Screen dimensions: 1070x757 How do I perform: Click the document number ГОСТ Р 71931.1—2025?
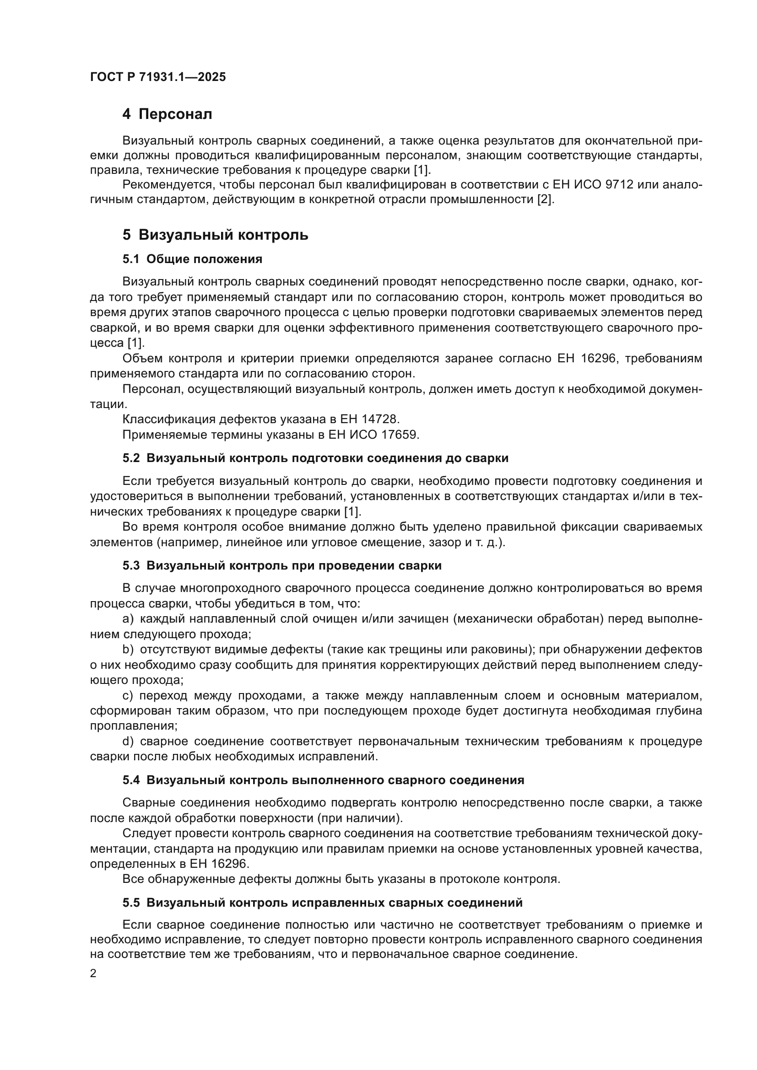tap(158, 77)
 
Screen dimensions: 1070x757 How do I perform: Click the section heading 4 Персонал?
tap(167, 114)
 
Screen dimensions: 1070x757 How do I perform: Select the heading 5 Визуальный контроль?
tap(216, 235)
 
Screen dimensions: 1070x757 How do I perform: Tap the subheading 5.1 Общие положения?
tap(193, 259)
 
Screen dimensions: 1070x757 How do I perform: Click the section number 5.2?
tap(131, 458)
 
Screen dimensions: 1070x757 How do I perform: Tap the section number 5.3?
tap(131, 566)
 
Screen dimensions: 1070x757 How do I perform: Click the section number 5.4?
tap(131, 780)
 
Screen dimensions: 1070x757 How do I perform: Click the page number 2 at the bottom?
tap(93, 973)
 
